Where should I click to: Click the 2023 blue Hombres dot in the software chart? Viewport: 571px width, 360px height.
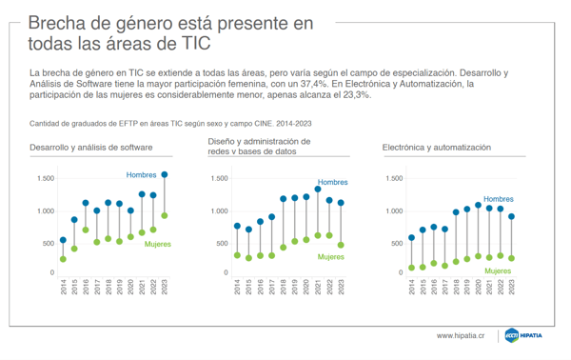click(x=165, y=174)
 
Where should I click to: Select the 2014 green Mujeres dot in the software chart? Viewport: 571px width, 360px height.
click(x=63, y=259)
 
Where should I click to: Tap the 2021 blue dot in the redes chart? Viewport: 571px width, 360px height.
click(x=318, y=190)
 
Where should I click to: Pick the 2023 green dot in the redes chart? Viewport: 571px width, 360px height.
click(x=341, y=245)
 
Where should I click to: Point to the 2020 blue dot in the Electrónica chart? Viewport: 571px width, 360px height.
click(x=479, y=205)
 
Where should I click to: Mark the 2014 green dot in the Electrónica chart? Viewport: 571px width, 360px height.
click(x=411, y=268)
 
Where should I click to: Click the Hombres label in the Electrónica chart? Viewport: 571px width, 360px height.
click(x=498, y=199)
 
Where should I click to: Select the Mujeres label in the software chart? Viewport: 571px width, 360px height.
click(x=158, y=244)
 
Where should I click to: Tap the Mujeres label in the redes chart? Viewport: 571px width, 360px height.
click(x=330, y=257)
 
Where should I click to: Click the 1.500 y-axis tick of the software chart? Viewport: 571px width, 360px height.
click(x=46, y=178)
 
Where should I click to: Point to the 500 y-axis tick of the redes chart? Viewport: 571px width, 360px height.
click(x=222, y=244)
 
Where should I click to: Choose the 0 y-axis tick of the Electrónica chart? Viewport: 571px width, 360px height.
click(x=401, y=272)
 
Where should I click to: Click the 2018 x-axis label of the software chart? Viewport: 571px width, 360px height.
click(x=108, y=287)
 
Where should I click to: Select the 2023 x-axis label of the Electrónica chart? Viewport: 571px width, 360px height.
click(x=512, y=287)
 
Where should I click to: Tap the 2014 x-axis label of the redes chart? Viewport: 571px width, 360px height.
click(x=237, y=287)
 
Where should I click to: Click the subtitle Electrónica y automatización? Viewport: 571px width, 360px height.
click(x=437, y=148)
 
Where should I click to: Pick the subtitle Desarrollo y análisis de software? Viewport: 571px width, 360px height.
click(x=91, y=148)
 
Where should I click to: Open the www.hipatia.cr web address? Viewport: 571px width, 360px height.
click(x=461, y=335)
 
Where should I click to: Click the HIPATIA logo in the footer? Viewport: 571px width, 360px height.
click(x=523, y=335)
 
